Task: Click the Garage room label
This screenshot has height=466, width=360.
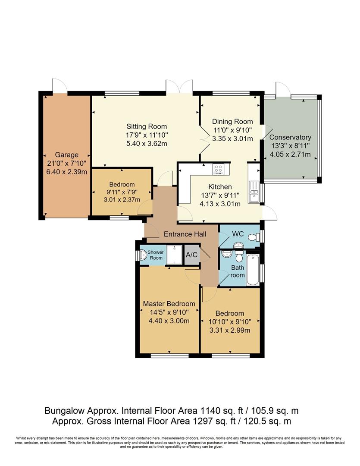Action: tap(66, 155)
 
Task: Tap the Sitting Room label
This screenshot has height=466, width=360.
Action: tap(147, 126)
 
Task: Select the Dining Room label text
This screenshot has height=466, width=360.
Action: tap(232, 122)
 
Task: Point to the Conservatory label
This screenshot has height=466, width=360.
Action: tap(290, 137)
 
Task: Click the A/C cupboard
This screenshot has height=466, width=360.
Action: tap(192, 255)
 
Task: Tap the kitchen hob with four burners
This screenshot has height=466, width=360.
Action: tap(218, 169)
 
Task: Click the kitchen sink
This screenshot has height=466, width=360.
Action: tap(254, 192)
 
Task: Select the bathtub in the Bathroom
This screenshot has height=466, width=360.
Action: tap(253, 270)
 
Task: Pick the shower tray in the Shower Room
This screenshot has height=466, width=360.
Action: tap(174, 255)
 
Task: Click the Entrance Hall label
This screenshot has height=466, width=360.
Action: tap(185, 234)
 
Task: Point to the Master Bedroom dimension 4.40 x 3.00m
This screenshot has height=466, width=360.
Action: tap(169, 321)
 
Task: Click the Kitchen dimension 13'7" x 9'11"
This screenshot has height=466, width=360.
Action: tap(220, 195)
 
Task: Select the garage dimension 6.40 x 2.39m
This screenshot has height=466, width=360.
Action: tap(66, 172)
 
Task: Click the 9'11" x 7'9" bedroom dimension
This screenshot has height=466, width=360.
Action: tap(122, 192)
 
